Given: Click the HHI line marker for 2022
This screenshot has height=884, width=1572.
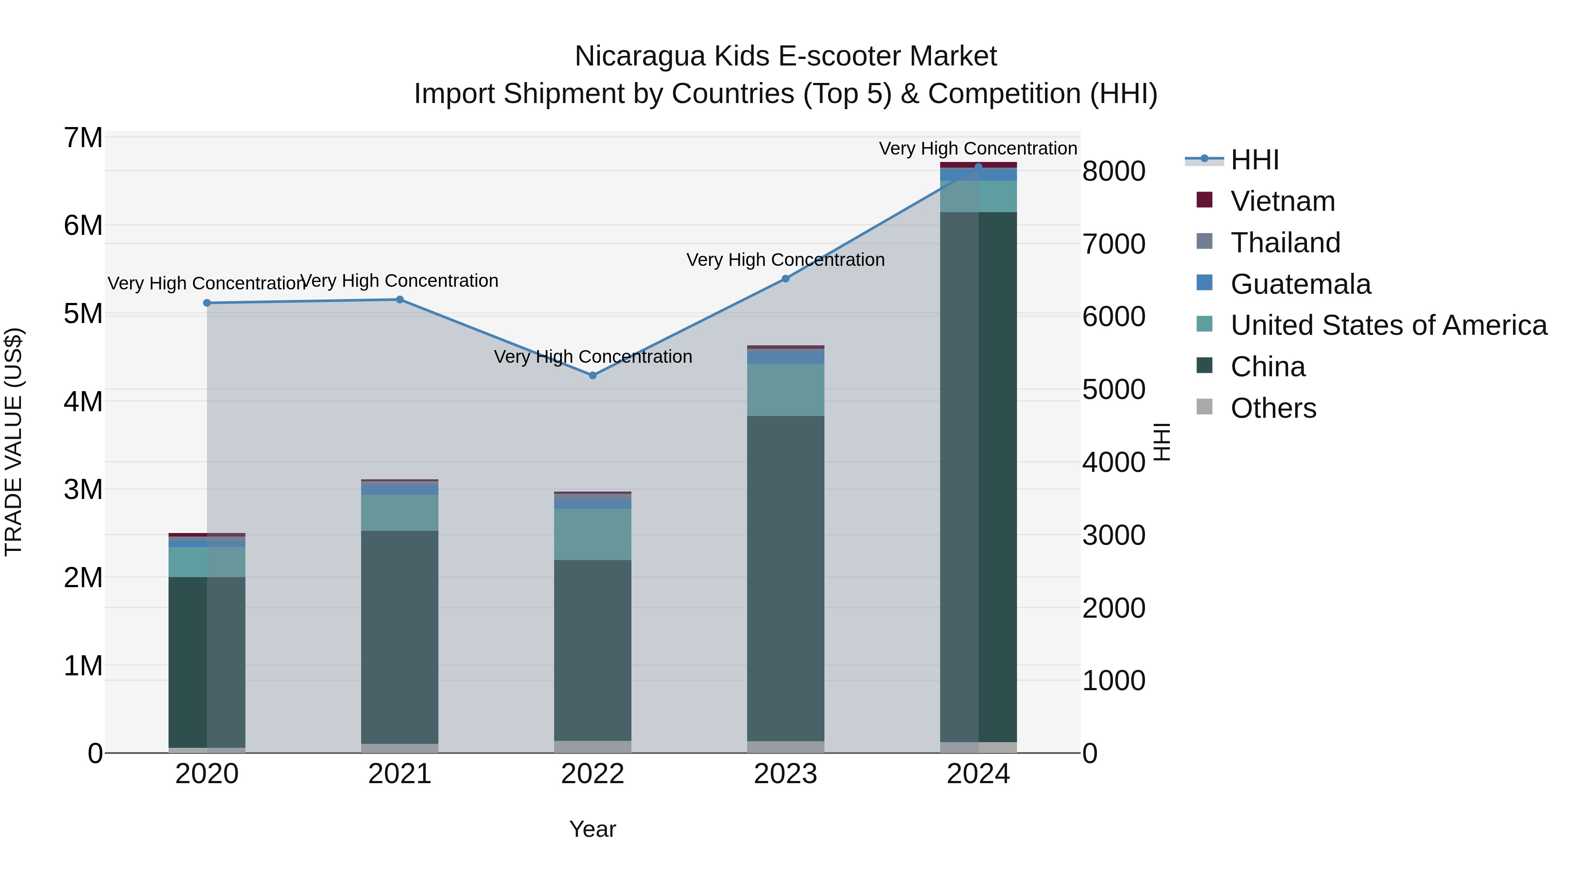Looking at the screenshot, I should [593, 375].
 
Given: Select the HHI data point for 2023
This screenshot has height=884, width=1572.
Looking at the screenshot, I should [786, 279].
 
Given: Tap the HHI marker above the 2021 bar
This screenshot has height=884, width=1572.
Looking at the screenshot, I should [400, 299].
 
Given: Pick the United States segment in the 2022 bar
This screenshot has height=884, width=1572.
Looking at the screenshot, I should [593, 534].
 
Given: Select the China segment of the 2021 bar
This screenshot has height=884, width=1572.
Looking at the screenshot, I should [400, 637].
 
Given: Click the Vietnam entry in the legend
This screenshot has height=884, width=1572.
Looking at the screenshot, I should [1283, 201].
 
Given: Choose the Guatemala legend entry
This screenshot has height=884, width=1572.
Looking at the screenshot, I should [1300, 284].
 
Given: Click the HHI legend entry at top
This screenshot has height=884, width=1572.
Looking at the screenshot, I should [1255, 160].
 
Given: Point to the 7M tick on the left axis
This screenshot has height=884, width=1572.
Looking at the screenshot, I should [83, 138].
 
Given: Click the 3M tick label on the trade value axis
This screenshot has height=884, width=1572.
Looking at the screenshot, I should [83, 489].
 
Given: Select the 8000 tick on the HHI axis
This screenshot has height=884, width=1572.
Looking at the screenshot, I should [1113, 172].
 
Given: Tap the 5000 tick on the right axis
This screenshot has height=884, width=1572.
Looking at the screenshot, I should [1113, 390].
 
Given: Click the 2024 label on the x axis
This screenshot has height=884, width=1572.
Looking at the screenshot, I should [978, 774].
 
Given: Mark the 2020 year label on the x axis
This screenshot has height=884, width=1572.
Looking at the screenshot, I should [207, 774].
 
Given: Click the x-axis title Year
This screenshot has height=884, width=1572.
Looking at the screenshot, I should [593, 829].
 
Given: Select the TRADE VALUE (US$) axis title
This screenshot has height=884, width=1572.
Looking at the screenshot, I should [14, 442].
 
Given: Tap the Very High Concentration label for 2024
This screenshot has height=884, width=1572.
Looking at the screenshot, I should [978, 148].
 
